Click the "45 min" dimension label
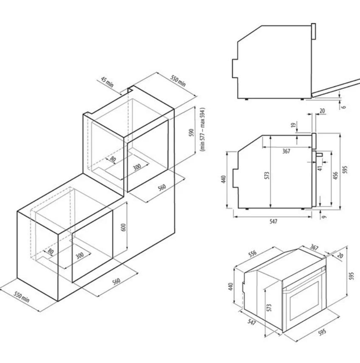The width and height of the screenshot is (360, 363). [x=107, y=82]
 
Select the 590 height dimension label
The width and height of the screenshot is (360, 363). [x=192, y=132]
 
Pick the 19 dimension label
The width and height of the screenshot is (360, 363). [x=294, y=125]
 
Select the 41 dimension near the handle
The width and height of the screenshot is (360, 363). [x=320, y=168]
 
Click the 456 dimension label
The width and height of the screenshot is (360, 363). [x=335, y=175]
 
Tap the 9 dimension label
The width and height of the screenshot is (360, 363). [x=324, y=217]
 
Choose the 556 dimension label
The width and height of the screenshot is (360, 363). [x=252, y=253]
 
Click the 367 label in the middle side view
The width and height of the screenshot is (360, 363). [x=286, y=151]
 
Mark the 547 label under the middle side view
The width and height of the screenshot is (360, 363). [x=273, y=222]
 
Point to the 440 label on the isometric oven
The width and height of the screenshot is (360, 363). [x=230, y=287]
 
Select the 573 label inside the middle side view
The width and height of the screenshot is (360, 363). [x=267, y=175]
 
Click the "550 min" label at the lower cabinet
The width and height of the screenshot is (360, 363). [x=22, y=297]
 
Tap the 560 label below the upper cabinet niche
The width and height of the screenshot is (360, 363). [x=162, y=187]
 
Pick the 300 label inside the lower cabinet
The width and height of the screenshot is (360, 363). [x=80, y=255]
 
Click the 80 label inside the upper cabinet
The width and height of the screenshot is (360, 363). [x=113, y=159]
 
